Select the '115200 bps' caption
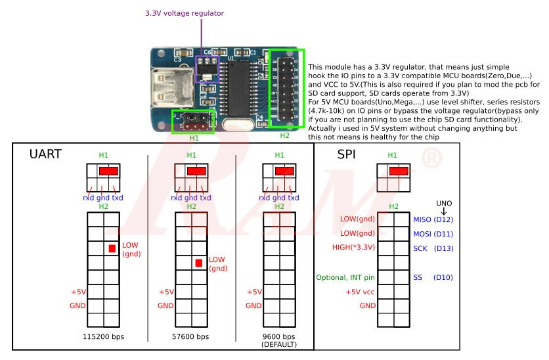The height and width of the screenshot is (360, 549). pyautogui.click(x=102, y=336)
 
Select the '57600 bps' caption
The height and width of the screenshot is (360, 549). pyautogui.click(x=190, y=336)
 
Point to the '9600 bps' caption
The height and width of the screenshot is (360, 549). pyautogui.click(x=279, y=336)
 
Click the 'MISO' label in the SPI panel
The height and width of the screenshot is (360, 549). pyautogui.click(x=422, y=219)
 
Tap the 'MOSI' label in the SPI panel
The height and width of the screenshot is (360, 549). pyautogui.click(x=422, y=234)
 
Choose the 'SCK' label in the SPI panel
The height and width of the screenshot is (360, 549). pyautogui.click(x=420, y=248)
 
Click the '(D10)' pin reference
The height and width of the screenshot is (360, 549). pyautogui.click(x=443, y=278)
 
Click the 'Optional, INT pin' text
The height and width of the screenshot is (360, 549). pyautogui.click(x=345, y=278)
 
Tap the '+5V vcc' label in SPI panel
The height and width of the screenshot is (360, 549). pyautogui.click(x=361, y=292)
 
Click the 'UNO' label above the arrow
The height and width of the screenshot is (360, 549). pyautogui.click(x=445, y=204)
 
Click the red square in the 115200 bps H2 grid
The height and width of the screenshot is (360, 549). pyautogui.click(x=112, y=248)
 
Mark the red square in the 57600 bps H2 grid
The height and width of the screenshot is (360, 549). pyautogui.click(x=199, y=263)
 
